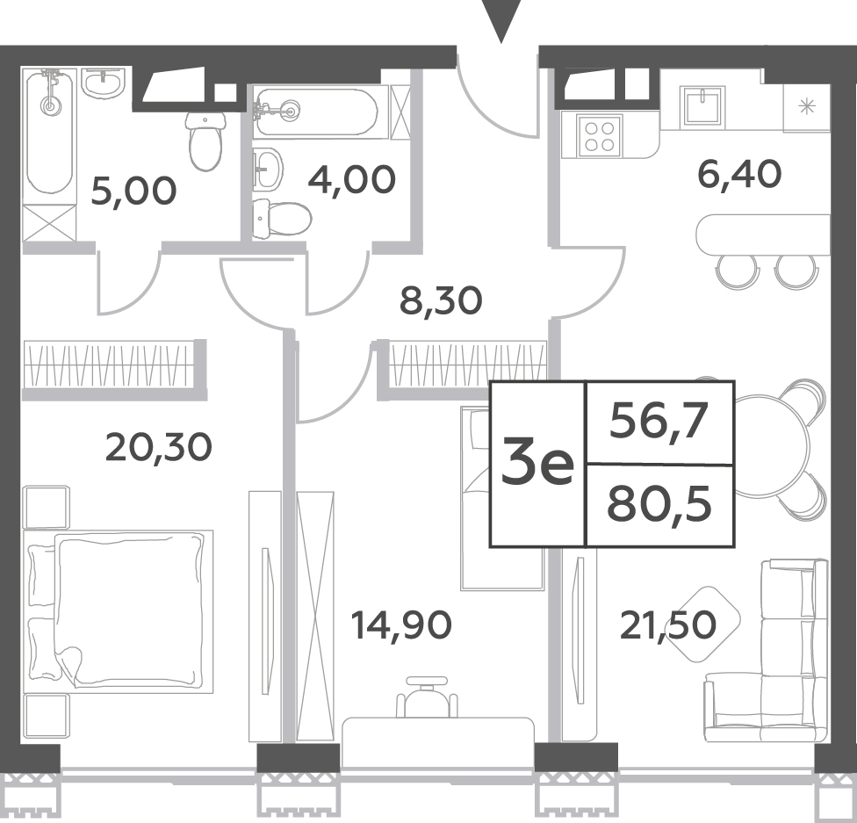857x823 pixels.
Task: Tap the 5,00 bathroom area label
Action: point(133,191)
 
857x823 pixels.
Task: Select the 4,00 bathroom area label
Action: point(351,179)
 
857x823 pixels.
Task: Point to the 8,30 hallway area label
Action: point(441,300)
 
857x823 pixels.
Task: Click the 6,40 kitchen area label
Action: point(739,175)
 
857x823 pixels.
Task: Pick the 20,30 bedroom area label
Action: point(158,447)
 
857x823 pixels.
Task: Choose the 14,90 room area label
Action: point(401,625)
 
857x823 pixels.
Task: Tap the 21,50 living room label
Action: point(667,625)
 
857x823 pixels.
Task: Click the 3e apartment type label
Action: point(537,465)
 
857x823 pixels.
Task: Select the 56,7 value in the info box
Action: point(659,421)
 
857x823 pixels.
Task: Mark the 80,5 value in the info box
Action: point(659,504)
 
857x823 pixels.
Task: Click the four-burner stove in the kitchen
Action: point(600,136)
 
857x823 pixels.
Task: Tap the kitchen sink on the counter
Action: point(702,106)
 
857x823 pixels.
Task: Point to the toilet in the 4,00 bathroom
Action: point(282,220)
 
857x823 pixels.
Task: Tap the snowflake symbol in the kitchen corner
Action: point(807,106)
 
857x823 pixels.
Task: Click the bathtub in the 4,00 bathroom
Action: point(315,112)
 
